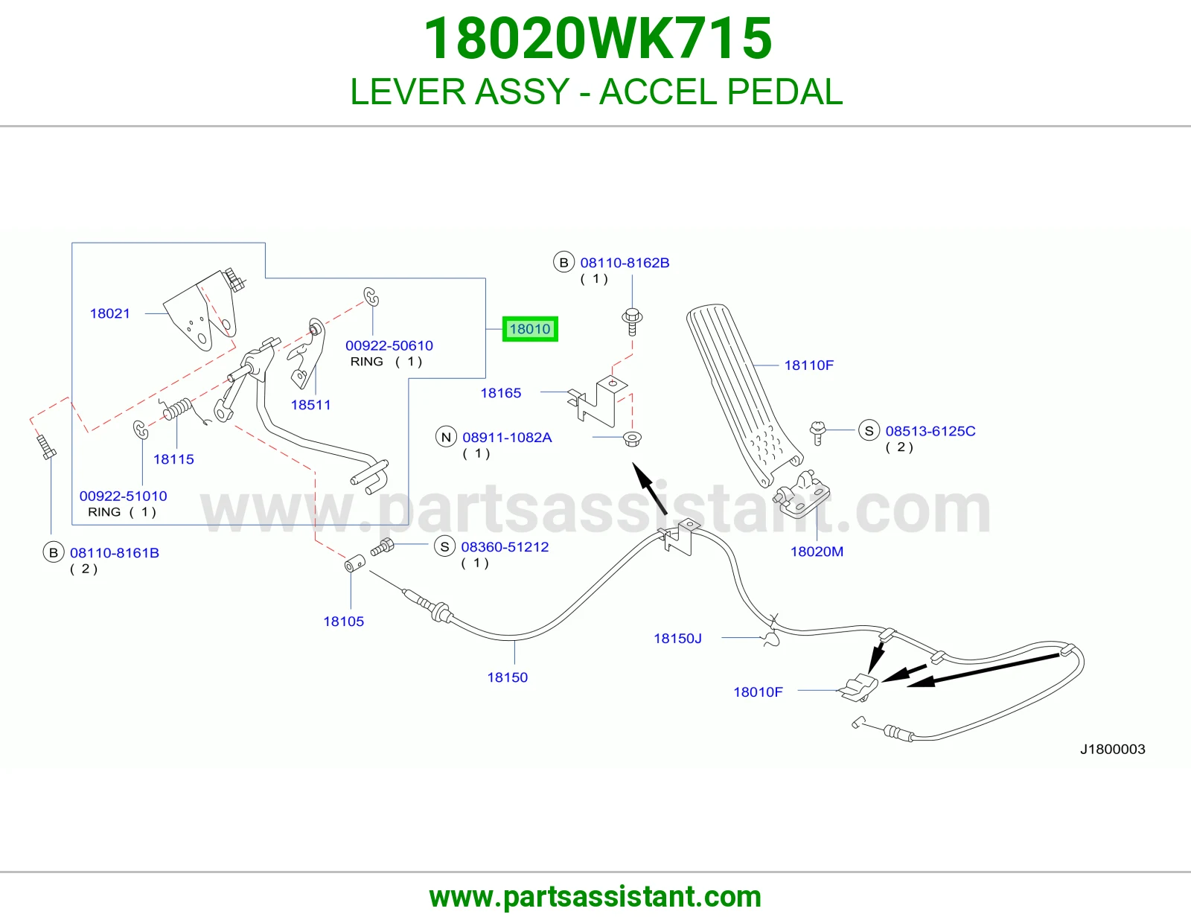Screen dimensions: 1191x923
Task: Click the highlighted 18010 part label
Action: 530,329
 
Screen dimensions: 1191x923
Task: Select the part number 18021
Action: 109,313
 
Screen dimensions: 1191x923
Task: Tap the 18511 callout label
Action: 310,405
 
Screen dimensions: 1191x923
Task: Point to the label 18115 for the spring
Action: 173,459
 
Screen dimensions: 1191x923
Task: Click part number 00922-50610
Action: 389,346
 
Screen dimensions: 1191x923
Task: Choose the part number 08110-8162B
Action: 625,263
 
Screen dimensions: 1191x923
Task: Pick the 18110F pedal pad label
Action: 809,365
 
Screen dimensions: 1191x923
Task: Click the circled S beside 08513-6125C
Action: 869,431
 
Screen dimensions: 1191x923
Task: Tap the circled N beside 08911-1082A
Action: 446,438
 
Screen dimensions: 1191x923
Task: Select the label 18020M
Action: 817,552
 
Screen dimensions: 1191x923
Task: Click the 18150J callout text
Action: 678,639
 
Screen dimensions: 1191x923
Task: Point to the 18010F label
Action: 758,692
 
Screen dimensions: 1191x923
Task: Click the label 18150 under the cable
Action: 508,677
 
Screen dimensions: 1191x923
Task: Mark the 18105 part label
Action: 344,622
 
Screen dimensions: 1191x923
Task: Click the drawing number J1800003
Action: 1113,750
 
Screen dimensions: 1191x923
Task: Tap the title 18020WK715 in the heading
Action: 598,39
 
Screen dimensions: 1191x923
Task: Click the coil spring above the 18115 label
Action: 176,409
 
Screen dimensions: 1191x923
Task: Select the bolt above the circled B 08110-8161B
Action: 46,447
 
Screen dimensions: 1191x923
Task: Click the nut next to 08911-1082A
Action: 633,438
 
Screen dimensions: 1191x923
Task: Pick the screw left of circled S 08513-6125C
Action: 817,432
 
